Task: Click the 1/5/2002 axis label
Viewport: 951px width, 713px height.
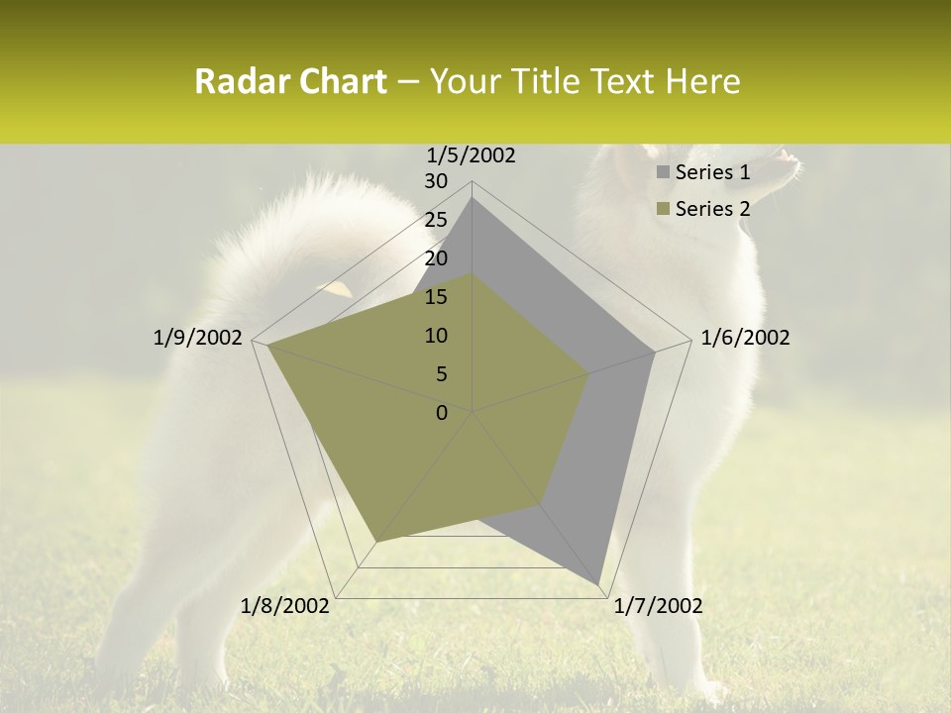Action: click(472, 154)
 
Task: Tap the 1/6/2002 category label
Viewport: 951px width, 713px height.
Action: click(745, 338)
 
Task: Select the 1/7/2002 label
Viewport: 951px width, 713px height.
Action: click(658, 606)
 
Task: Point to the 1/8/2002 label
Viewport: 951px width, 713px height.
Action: click(285, 606)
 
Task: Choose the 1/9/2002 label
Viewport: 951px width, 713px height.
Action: click(197, 338)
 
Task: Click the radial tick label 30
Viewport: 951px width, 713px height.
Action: click(436, 181)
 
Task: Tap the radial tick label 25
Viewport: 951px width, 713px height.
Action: click(436, 220)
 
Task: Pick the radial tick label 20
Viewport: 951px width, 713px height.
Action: click(436, 258)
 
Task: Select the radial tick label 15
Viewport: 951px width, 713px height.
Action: click(436, 297)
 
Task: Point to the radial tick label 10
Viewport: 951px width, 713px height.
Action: click(436, 336)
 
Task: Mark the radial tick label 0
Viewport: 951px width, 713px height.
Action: click(442, 413)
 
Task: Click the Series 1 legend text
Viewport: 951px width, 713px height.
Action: click(712, 172)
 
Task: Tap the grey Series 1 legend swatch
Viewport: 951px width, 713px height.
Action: click(663, 173)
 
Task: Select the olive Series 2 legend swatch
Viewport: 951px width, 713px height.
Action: click(663, 209)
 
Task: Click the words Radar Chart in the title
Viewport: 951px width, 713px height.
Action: click(290, 81)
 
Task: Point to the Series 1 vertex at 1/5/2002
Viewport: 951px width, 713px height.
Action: click(473, 199)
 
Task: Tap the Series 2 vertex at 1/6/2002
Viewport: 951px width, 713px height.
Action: click(589, 373)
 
